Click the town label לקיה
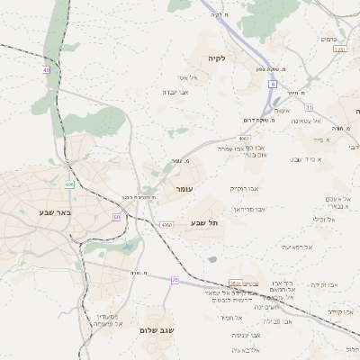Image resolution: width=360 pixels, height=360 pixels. tap(216, 58)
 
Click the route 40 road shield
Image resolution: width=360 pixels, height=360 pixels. tap(46, 68)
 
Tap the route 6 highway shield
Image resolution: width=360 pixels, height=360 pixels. tap(271, 84)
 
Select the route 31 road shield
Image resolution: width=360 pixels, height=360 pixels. tap(309, 108)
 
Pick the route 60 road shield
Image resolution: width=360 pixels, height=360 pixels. tap(117, 217)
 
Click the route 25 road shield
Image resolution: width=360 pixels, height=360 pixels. tap(175, 281)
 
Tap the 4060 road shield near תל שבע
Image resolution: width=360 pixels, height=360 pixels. tap(166, 224)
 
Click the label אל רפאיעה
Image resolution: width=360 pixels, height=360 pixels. tap(297, 247)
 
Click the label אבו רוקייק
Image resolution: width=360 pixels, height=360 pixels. tap(244, 188)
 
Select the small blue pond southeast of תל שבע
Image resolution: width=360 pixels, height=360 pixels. tap(211, 259)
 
